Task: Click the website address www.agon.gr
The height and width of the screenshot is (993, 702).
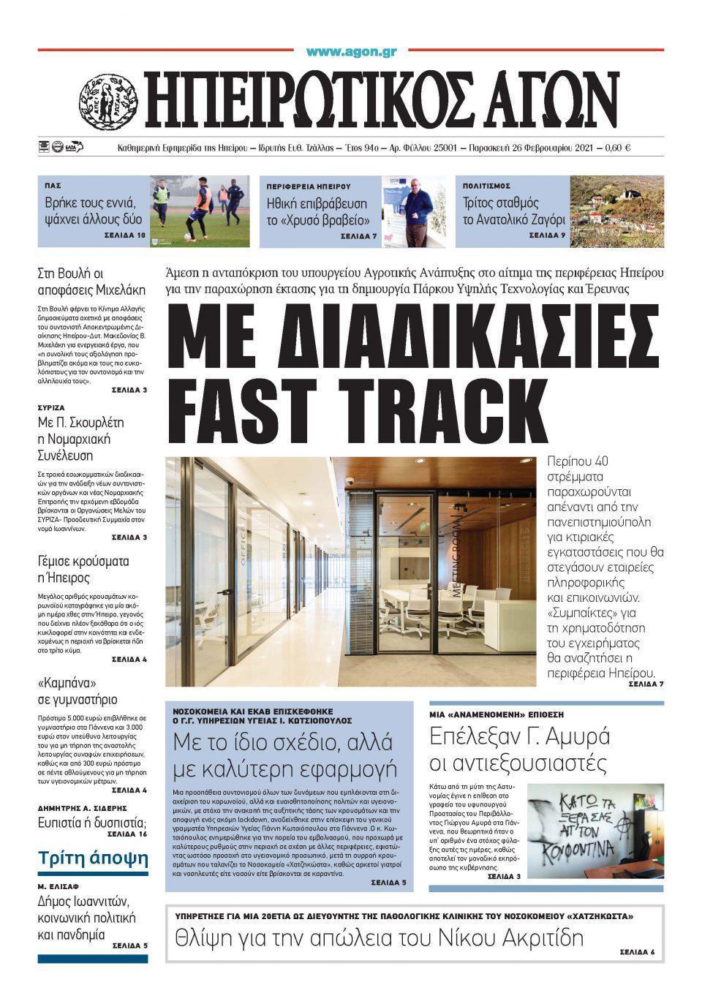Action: (351, 52)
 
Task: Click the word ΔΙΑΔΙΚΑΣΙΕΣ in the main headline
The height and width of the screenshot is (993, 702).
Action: (414, 335)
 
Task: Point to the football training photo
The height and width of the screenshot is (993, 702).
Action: (199, 211)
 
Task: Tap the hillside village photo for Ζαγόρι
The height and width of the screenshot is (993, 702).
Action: (616, 211)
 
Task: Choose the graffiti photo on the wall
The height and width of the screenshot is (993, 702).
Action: (594, 831)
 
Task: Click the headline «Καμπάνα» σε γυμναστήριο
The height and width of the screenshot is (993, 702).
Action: (77, 691)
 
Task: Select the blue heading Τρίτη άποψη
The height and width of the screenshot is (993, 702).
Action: (93, 858)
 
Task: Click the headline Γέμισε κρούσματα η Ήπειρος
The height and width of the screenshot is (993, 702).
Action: (83, 570)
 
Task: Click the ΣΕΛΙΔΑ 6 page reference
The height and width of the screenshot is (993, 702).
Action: (637, 952)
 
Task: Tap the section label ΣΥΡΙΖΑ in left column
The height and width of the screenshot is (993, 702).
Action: (51, 407)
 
